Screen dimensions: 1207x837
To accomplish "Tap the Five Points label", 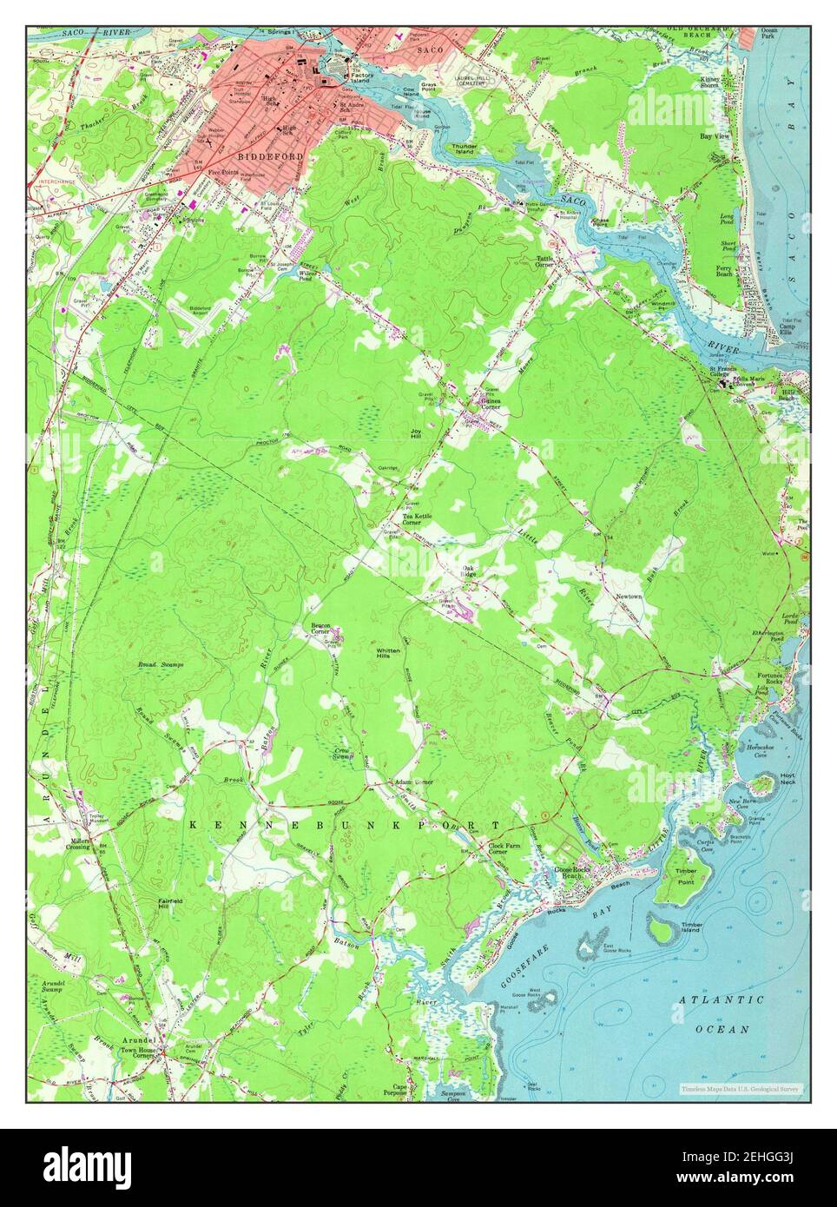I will point(222,172).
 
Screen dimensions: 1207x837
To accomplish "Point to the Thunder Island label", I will point(464,149).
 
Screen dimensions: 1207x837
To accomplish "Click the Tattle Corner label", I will point(545,261).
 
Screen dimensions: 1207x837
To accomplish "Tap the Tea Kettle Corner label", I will point(412,519).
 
